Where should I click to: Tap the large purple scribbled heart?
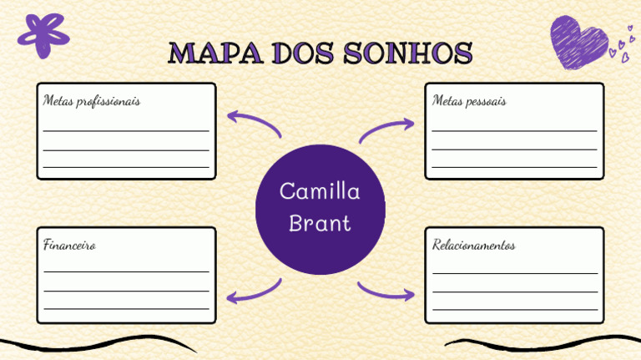pos(578,42)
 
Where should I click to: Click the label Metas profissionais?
pos(92,101)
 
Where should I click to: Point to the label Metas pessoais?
pos(469,101)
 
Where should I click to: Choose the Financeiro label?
pos(69,246)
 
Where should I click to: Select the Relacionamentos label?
pos(474,246)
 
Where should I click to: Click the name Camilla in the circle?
pos(320,192)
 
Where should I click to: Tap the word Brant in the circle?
pos(320,223)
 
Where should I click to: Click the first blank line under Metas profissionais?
pos(126,131)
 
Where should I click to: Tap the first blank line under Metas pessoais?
pos(514,131)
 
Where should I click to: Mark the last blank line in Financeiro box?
pos(126,309)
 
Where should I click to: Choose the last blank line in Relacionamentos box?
pos(514,309)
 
